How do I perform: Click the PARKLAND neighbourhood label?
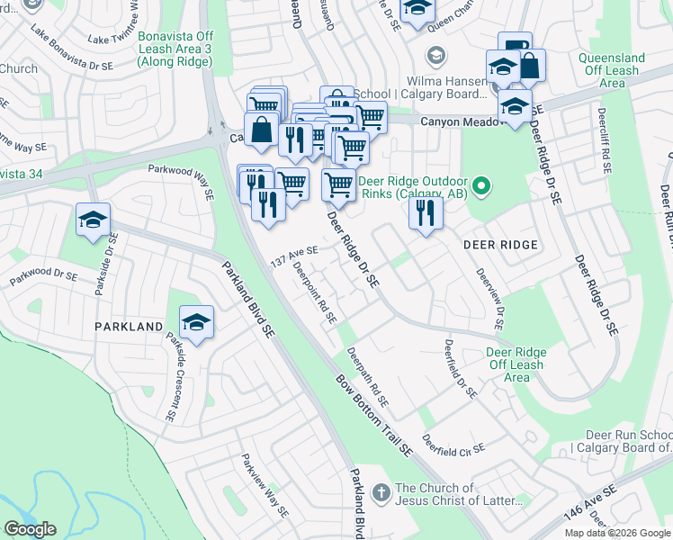129,327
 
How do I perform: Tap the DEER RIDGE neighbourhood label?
500,245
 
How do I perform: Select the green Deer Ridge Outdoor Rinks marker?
481,186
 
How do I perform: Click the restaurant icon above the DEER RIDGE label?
425,213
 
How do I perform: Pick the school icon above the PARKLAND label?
195,321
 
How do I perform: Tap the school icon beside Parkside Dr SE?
93,220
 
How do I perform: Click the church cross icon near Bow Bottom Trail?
381,492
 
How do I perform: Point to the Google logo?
31,529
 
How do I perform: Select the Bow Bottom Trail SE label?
372,413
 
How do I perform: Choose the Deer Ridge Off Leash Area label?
516,364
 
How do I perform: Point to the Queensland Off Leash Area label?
612,70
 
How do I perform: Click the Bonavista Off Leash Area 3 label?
175,49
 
